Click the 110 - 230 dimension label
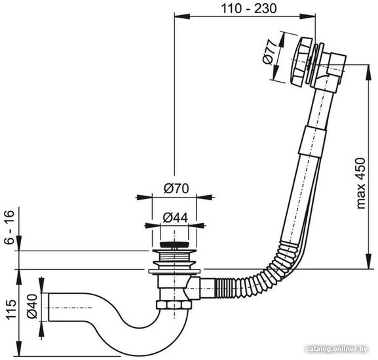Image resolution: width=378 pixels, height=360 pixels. click(249, 9)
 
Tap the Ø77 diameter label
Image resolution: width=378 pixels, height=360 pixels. click(269, 53)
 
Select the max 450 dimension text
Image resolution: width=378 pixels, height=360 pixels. click(361, 183)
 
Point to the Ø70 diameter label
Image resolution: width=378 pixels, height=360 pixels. click(176, 189)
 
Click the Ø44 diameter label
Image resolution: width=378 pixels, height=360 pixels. click(176, 218)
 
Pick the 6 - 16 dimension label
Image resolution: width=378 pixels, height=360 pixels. click(10, 227)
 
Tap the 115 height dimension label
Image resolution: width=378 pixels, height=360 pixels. click(11, 310)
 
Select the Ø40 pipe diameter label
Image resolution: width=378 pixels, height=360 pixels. click(32, 306)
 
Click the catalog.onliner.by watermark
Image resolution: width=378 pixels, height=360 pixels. click(336, 349)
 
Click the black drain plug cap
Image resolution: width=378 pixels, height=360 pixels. click(174, 245)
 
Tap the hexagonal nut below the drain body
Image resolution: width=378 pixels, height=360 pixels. click(174, 304)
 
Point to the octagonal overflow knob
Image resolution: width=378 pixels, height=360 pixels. click(300, 62)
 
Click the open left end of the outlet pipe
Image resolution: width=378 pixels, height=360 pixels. click(49, 307)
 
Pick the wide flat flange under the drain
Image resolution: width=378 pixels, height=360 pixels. click(174, 272)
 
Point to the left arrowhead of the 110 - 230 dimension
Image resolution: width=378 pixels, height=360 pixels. click(182, 16)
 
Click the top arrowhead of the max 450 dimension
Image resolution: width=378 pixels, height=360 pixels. click(368, 72)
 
